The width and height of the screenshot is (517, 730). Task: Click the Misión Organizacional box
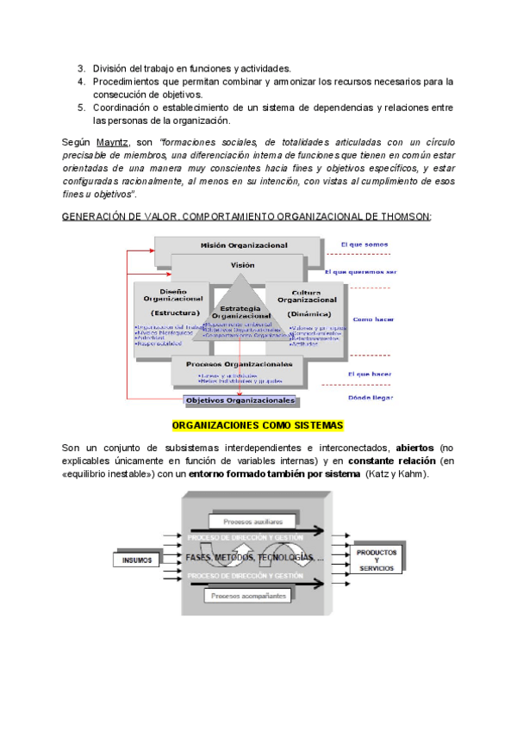click(x=244, y=245)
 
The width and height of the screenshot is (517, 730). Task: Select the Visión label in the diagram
click(x=242, y=266)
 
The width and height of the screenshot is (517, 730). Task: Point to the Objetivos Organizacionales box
click(x=240, y=400)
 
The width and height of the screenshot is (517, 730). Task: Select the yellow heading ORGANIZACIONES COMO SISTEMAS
click(x=258, y=426)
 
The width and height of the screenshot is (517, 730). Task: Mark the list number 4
click(x=80, y=82)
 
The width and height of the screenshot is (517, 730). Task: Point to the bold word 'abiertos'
click(x=414, y=449)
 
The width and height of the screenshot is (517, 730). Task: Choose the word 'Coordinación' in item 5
click(x=120, y=108)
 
